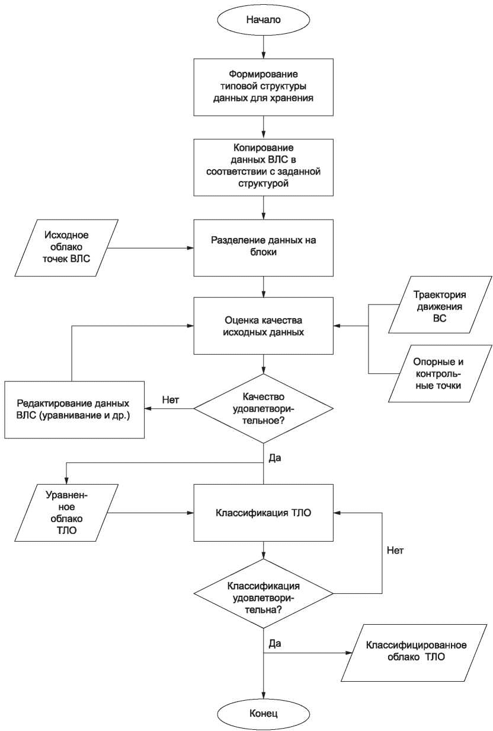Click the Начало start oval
coord(263,20)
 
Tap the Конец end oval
coord(263,713)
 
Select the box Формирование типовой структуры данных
coord(263,87)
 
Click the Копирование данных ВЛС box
coord(263,167)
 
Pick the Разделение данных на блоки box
coord(263,247)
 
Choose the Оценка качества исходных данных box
coord(263,326)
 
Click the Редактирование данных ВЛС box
coord(74,409)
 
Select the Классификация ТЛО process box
coord(263,513)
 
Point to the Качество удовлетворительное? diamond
coord(263,409)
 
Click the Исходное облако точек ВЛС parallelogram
coord(66,247)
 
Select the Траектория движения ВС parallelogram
coord(440,305)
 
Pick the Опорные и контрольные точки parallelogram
coord(440,373)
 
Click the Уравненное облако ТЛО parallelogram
coord(66,513)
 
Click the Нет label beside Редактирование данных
coord(171,400)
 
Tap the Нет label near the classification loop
coord(395,551)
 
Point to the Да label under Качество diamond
coord(275,458)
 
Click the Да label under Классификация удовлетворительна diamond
coord(275,643)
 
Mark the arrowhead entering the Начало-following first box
coord(263,55)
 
